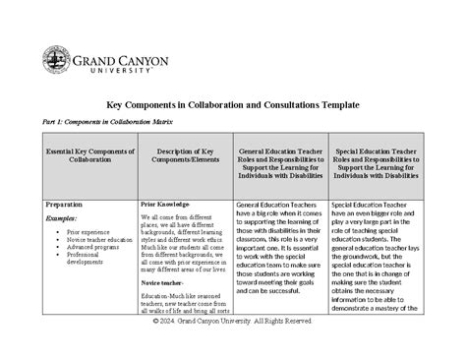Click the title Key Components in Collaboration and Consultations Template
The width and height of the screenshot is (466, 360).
(x=232, y=103)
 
